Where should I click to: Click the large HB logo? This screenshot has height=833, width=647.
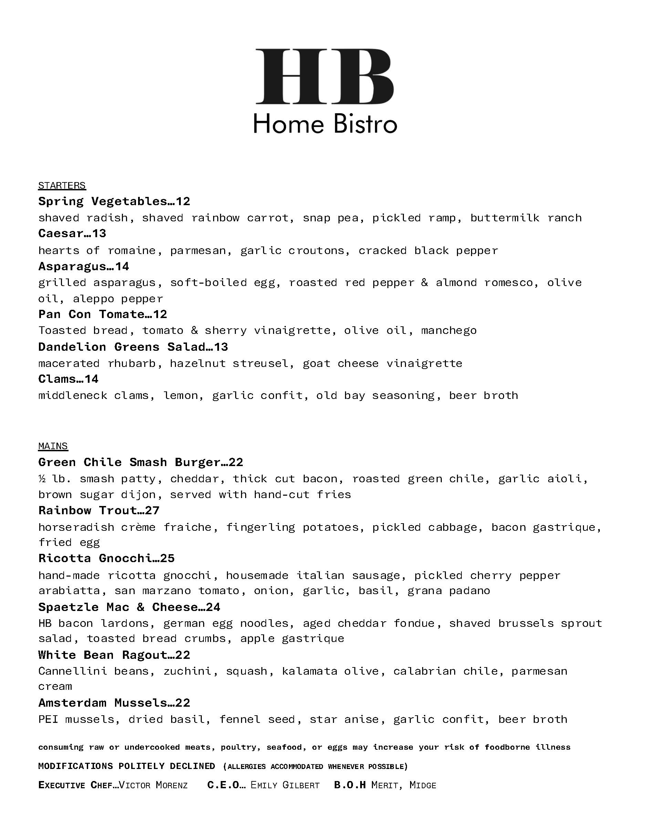point(324,76)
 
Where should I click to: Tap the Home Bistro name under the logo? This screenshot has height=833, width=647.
point(325,124)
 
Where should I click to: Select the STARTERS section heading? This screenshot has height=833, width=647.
point(62,186)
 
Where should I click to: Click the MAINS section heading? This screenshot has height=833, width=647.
point(53,446)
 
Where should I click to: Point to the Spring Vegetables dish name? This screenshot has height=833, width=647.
point(103,201)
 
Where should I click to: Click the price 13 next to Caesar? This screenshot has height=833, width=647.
point(99,233)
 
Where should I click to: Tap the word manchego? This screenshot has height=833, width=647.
point(449,330)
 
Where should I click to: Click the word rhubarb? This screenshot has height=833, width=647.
point(132,363)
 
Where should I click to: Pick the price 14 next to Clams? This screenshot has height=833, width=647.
point(92,379)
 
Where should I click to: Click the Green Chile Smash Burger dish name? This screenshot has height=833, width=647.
point(129,462)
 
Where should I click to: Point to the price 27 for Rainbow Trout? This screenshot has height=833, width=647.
point(152,510)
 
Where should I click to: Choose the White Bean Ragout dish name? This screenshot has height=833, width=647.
point(103,655)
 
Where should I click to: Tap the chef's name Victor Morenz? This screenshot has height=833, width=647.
point(153,785)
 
